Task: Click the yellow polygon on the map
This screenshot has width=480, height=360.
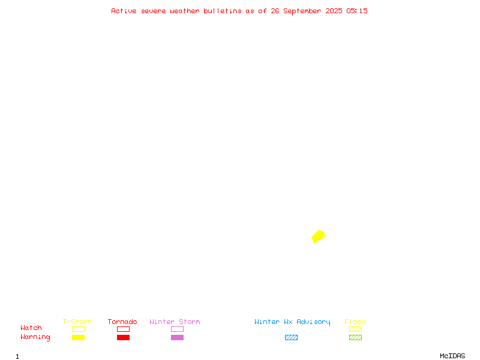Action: click(x=319, y=236)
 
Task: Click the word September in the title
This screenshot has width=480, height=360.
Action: click(x=302, y=11)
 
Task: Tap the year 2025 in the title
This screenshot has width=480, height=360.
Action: click(x=334, y=11)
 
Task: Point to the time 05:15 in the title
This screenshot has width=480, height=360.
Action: click(x=356, y=11)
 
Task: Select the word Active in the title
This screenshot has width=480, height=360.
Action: click(x=124, y=11)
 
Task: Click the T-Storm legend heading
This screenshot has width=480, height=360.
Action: click(x=77, y=322)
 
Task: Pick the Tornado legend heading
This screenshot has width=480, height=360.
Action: click(x=122, y=322)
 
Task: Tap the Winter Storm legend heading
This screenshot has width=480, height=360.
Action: click(x=175, y=322)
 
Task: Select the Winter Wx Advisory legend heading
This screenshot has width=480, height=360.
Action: click(x=292, y=322)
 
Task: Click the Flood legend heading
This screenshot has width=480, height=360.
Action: click(x=355, y=322)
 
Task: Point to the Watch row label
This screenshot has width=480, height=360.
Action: click(x=31, y=328)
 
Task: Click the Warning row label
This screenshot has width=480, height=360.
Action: click(x=35, y=337)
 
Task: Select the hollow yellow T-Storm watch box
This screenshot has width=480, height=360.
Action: click(x=79, y=329)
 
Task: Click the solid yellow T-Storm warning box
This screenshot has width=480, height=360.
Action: click(x=79, y=337)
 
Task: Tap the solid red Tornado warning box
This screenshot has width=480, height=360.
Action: click(x=124, y=337)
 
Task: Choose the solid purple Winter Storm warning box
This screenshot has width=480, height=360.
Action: click(x=177, y=337)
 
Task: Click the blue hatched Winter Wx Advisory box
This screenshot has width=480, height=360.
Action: click(x=291, y=337)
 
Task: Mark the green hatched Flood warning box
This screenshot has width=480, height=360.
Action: click(x=355, y=337)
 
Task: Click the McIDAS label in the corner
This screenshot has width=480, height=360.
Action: click(x=452, y=356)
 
